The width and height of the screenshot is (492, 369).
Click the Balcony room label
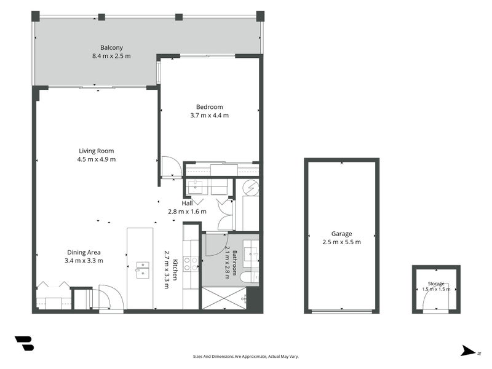click(x=111, y=48)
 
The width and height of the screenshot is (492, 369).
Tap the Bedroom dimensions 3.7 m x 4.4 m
click(x=209, y=116)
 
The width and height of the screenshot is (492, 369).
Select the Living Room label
click(x=97, y=151)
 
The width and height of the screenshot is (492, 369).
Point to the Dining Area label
click(x=84, y=252)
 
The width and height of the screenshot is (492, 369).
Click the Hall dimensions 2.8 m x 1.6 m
click(x=187, y=212)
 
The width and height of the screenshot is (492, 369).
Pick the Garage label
click(x=341, y=234)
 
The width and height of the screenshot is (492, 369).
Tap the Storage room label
click(x=436, y=284)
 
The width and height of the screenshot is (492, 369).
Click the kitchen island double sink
click(x=143, y=270)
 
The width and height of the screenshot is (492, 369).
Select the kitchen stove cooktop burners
click(x=191, y=264)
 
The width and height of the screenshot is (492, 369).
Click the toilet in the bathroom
click(x=249, y=277)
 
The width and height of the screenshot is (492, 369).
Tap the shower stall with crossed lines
click(x=224, y=298)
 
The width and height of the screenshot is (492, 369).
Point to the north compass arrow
click(x=468, y=351)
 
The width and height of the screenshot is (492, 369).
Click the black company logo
click(x=24, y=343)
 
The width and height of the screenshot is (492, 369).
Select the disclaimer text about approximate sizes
click(x=245, y=357)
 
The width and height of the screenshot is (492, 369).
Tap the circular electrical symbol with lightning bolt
click(x=252, y=188)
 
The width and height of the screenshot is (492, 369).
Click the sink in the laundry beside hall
click(x=197, y=187)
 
